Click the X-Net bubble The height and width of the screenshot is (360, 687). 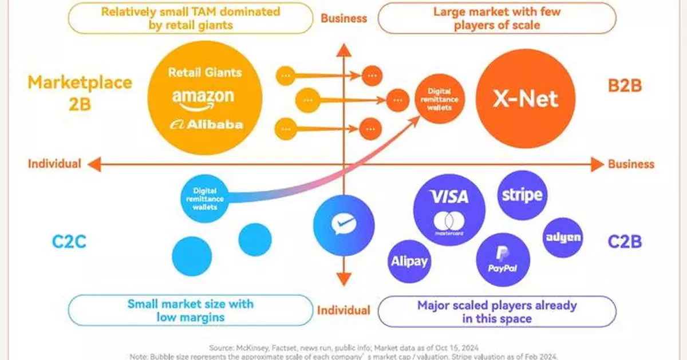click(525, 99)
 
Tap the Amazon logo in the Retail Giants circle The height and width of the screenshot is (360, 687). click(203, 98)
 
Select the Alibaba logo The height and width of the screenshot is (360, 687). click(207, 124)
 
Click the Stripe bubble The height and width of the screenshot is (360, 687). click(522, 195)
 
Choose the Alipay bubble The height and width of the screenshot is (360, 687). click(409, 261)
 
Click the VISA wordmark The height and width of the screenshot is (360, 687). click(449, 197)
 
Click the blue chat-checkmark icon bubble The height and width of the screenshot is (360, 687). click(343, 226)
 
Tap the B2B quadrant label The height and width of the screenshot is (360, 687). click(625, 86)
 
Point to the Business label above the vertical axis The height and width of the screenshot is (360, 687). click(343, 18)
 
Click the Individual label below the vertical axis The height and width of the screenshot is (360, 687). click(343, 310)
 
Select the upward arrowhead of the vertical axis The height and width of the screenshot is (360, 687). click(343, 50)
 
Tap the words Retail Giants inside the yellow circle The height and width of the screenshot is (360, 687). click(205, 73)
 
